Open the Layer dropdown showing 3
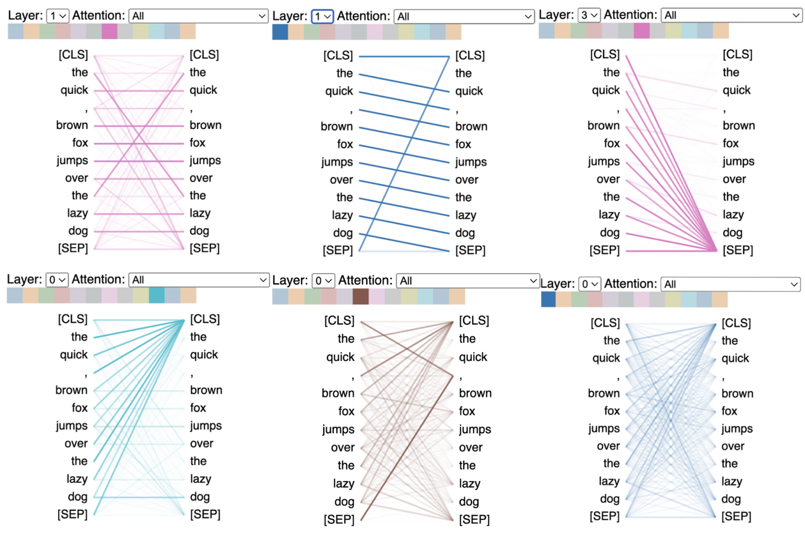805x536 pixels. click(x=589, y=15)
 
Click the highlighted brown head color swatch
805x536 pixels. click(x=361, y=297)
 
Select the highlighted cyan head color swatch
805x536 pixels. click(x=156, y=296)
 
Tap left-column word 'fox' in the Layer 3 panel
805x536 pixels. click(x=611, y=143)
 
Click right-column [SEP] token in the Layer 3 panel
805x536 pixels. click(x=737, y=250)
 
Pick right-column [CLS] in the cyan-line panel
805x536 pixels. click(x=205, y=319)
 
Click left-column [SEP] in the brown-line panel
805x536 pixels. click(x=339, y=519)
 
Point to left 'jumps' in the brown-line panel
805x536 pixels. click(x=338, y=429)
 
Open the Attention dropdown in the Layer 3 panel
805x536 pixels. click(x=731, y=15)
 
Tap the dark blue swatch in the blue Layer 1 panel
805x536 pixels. click(x=280, y=32)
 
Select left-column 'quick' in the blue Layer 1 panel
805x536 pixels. click(x=339, y=91)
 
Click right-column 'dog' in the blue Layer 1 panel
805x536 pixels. click(x=465, y=233)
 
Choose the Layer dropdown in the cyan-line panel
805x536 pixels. click(x=57, y=280)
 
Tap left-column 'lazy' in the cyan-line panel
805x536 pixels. click(x=77, y=479)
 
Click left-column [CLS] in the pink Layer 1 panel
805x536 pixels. click(x=73, y=54)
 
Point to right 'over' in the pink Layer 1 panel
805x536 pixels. click(x=201, y=178)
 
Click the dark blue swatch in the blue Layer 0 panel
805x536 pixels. click(x=548, y=300)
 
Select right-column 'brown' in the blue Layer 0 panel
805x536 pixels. click(x=737, y=393)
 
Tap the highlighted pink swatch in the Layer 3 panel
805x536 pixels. click(x=641, y=31)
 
